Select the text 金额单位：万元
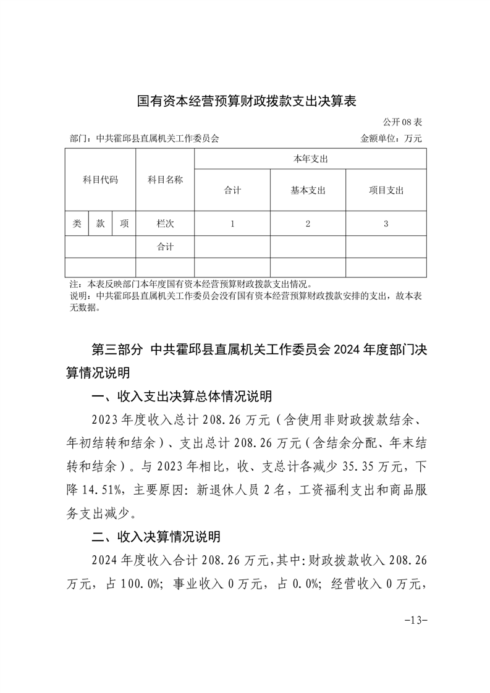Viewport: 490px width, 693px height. pos(391,139)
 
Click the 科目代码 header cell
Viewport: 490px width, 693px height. pos(100,180)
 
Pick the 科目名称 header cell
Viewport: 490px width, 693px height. pos(165,180)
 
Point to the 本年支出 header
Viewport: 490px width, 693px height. pos(310,159)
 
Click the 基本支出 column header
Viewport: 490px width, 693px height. pos(308,190)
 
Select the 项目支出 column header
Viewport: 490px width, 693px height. pos(386,190)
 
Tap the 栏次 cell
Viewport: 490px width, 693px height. pos(165,224)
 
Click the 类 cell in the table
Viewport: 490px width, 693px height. pos(77,224)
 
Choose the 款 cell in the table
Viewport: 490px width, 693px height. pos(100,224)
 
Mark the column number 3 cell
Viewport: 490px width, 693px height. pos(386,224)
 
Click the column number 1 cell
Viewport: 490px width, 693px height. pos(232,224)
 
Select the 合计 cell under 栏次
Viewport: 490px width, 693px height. pos(165,247)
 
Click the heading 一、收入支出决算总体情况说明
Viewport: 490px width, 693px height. pos(182,397)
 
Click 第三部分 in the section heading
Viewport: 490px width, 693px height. pos(117,350)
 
